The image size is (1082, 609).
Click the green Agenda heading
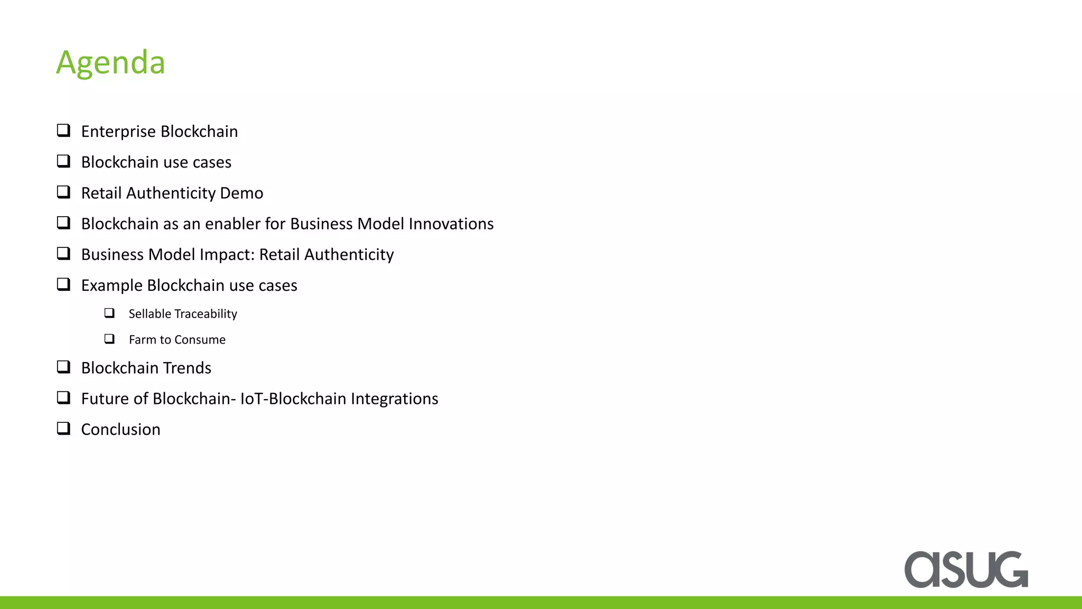[x=111, y=63]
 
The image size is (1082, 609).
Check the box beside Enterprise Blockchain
[x=63, y=130]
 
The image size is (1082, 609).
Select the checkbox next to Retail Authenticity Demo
[x=63, y=192]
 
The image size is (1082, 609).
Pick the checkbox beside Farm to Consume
[x=109, y=338]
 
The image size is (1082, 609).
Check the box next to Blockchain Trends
[x=63, y=367]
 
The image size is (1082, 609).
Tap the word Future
[x=105, y=399]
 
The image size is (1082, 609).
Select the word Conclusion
[x=120, y=429]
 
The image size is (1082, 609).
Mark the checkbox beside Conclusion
[x=63, y=428]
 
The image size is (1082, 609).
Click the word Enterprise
[x=118, y=132]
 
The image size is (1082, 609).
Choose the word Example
[x=111, y=285]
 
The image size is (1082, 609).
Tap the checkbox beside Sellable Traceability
[x=109, y=313]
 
